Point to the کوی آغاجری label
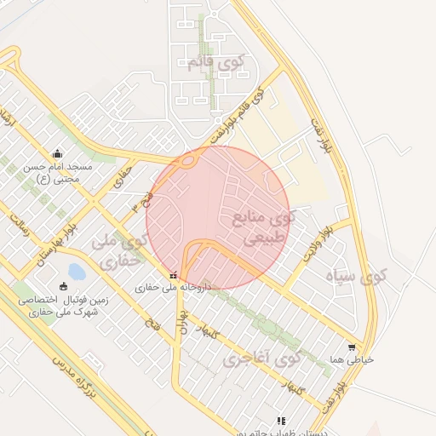pyautogui.click(x=262, y=359)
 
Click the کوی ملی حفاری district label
pyautogui.click(x=119, y=251)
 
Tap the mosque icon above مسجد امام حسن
pyautogui.click(x=57, y=153)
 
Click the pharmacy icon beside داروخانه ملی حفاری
pyautogui.click(x=174, y=276)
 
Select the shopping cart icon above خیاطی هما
pyautogui.click(x=352, y=347)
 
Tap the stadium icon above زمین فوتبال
pyautogui.click(x=63, y=286)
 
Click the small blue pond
pyautogui.click(x=76, y=272)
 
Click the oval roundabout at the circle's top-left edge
pyautogui.click(x=187, y=160)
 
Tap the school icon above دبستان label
pyautogui.click(x=281, y=421)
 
